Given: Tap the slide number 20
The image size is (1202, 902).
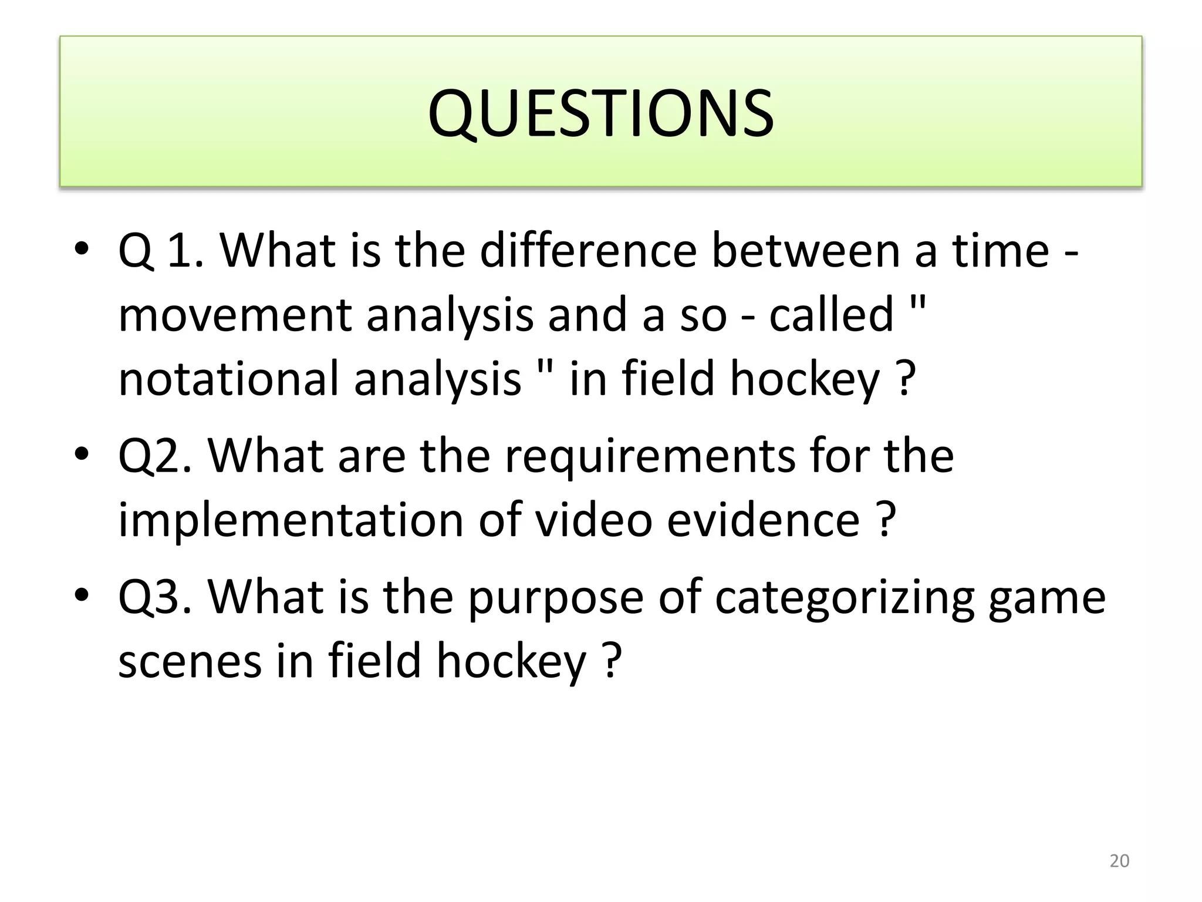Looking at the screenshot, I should point(1119,861).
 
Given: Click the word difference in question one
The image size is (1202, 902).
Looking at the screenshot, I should point(588,251).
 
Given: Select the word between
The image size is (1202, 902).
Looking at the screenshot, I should point(806,251).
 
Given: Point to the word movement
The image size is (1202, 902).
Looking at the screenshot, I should point(235,315).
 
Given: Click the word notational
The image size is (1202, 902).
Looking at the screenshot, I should point(228,379).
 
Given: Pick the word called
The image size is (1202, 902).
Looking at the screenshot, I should point(831,315).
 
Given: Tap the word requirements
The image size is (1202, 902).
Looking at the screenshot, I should point(650,456).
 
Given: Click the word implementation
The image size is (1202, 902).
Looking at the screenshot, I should point(291,520).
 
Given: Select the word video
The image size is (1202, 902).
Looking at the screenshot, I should point(594,520).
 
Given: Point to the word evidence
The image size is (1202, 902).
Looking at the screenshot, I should point(763,520).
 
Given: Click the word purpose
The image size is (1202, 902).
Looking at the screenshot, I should point(555,597).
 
